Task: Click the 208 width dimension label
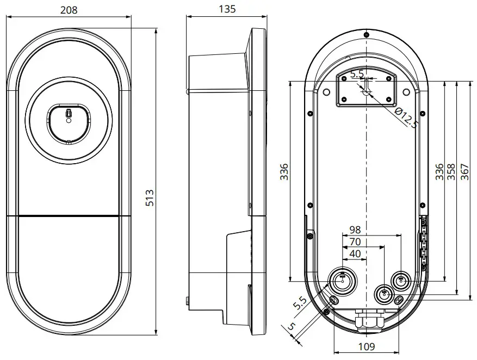tap(68, 9)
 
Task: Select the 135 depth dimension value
tap(227, 9)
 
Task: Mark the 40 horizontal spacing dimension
tap(354, 254)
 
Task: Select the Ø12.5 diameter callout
tap(406, 118)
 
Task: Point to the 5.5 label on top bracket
tap(357, 74)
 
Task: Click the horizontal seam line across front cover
tap(69, 216)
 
